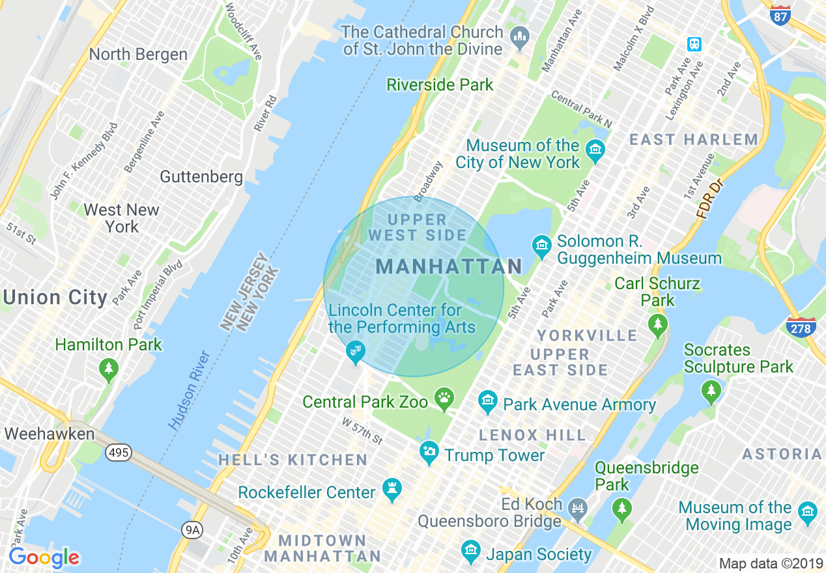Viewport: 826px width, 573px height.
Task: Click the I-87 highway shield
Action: coord(780,15)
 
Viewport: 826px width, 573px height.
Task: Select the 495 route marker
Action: coord(119,452)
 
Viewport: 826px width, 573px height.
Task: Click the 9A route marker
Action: coord(192,530)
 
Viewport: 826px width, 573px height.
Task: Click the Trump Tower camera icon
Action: coord(429,451)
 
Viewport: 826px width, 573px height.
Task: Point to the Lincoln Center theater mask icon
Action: coord(355,352)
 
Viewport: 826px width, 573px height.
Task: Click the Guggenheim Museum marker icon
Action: coord(541,245)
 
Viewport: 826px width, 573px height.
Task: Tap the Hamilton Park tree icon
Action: coord(108,369)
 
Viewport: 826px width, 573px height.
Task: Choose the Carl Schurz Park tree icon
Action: coord(657,324)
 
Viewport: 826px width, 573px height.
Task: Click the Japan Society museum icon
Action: coord(470,552)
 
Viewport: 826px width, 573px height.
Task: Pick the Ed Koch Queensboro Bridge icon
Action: coord(577,507)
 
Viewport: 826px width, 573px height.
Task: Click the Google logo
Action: coord(44,558)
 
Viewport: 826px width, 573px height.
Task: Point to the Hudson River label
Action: coord(190,390)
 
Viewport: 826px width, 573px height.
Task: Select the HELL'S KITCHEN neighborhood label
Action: coord(293,460)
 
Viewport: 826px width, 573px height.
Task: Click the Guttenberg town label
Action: coord(201,176)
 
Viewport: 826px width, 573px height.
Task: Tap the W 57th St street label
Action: coord(362,431)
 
